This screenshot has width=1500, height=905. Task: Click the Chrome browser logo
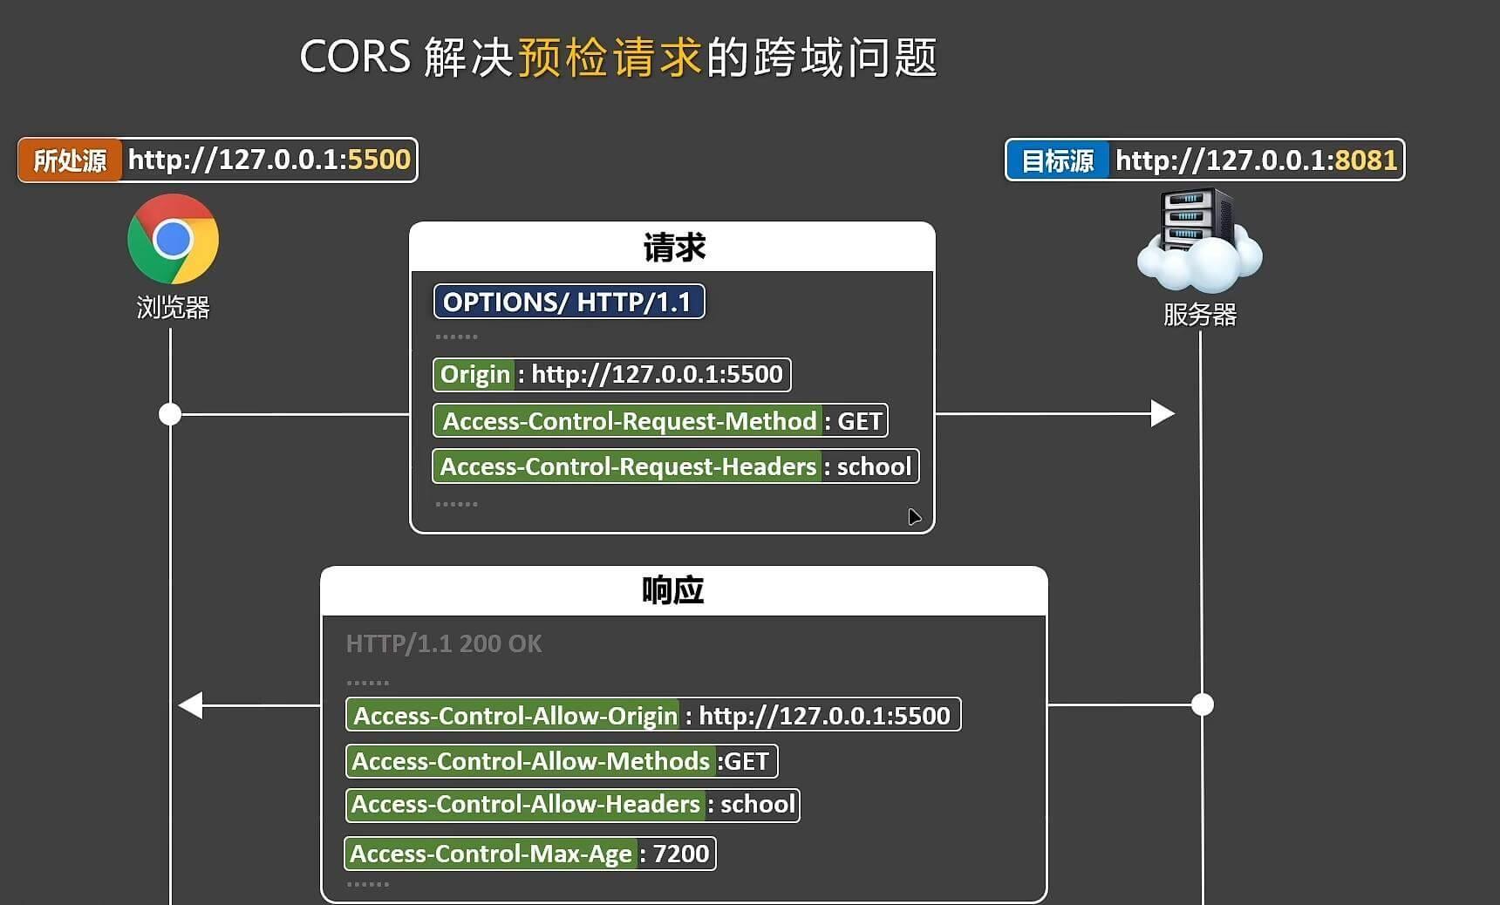173,239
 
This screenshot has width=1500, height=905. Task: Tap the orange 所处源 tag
70,160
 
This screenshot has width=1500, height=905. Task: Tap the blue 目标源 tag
1057,160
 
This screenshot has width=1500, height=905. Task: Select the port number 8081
1366,160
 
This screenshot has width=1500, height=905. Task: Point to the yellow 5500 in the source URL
378,160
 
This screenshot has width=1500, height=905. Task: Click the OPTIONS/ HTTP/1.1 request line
569,302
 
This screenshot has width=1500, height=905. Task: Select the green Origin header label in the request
474,375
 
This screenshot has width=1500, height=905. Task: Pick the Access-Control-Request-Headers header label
628,466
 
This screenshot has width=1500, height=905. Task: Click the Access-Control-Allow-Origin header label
515,716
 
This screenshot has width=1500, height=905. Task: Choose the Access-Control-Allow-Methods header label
530,761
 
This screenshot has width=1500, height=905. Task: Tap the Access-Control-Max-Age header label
491,854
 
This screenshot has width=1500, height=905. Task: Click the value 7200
681,854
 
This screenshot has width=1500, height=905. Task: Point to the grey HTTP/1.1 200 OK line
444,643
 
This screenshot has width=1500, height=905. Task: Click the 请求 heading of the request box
673,248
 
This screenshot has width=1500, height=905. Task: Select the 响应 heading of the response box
672,591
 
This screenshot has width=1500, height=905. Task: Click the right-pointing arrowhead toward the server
1162,413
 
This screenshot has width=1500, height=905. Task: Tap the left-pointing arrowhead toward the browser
191,704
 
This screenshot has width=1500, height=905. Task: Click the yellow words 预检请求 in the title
610,58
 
